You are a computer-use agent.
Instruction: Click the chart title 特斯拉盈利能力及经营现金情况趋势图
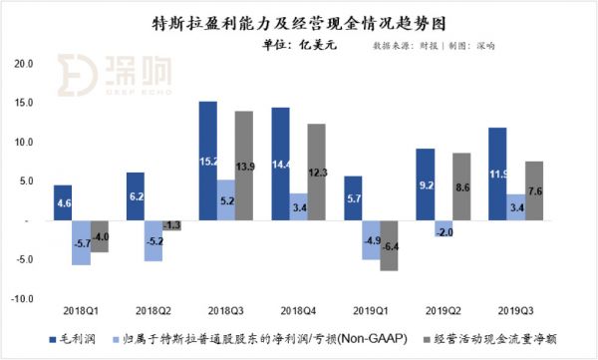(299, 21)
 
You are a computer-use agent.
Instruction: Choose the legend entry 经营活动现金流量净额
(498, 340)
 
